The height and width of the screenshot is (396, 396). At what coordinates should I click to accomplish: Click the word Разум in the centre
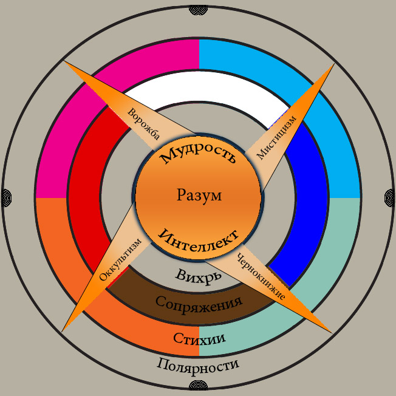coord(199,196)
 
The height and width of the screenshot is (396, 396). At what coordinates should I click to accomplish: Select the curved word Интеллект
coord(199,238)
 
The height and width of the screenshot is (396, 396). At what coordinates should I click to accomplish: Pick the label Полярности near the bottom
coord(198,365)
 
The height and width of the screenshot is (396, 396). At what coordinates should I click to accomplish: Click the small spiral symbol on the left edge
coord(5,197)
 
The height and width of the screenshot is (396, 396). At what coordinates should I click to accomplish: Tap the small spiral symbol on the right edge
coord(391,197)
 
